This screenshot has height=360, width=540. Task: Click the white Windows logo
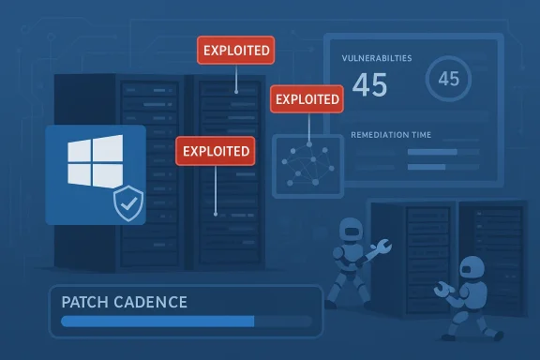pyautogui.click(x=95, y=162)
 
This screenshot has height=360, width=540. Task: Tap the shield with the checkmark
pyautogui.click(x=127, y=202)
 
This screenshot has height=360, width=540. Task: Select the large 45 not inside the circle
pyautogui.click(x=369, y=85)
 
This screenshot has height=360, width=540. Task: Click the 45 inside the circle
pyautogui.click(x=448, y=79)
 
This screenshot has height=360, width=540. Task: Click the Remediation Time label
pyautogui.click(x=391, y=135)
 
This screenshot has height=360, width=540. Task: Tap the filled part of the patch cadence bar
pyautogui.click(x=157, y=321)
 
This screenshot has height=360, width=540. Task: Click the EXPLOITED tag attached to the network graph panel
pyautogui.click(x=305, y=98)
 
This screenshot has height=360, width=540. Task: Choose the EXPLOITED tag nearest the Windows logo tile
pyautogui.click(x=216, y=149)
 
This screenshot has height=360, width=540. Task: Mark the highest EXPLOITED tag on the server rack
pyautogui.click(x=235, y=49)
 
